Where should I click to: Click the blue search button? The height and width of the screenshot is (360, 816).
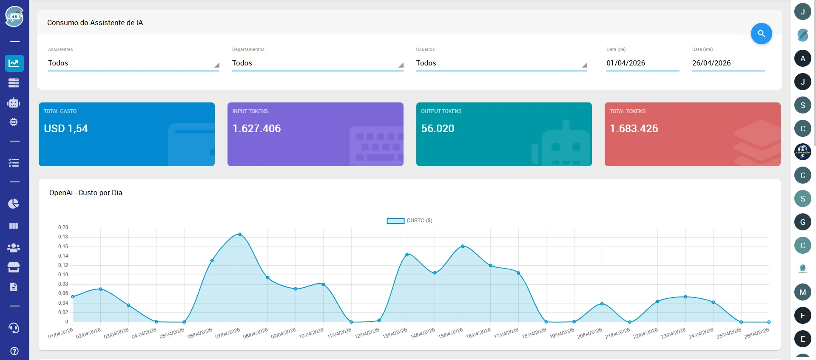click(x=761, y=34)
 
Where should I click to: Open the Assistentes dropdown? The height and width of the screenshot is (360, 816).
click(x=134, y=63)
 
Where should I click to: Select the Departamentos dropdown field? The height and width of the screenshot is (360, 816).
click(x=318, y=63)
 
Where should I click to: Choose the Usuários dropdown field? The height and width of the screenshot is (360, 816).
click(x=501, y=63)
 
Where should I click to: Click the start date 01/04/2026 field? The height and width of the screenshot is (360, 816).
click(x=643, y=63)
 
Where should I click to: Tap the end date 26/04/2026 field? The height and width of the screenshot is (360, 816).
click(x=728, y=63)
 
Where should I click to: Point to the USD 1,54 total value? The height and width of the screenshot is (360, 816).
click(x=66, y=128)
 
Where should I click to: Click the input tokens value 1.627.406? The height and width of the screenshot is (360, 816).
click(x=257, y=128)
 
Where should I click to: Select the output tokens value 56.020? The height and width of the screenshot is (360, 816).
click(x=438, y=128)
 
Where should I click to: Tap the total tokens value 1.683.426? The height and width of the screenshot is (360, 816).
click(x=634, y=128)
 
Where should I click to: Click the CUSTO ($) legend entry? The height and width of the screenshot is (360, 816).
click(x=409, y=221)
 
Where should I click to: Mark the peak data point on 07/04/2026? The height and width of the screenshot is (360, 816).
click(x=240, y=234)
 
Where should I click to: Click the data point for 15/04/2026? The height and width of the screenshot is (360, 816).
click(x=463, y=246)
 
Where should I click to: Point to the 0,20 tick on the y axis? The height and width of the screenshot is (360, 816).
click(x=63, y=227)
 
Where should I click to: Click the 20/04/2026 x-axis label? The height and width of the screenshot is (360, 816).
click(x=590, y=333)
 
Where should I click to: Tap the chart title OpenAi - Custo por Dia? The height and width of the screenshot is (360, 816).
click(x=86, y=193)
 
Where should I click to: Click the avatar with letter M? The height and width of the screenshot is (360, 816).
click(x=803, y=292)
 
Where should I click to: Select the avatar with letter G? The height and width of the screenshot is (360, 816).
click(x=803, y=222)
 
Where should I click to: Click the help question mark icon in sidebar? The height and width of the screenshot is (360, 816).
click(x=14, y=351)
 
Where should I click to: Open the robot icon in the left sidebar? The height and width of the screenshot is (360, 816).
click(x=14, y=102)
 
